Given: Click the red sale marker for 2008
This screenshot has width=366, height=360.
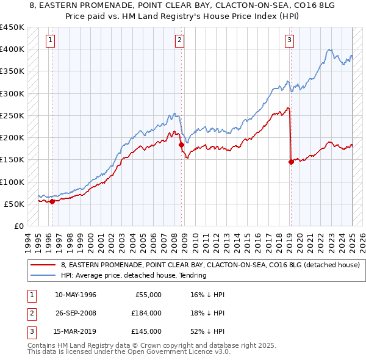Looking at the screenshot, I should pos(181,145).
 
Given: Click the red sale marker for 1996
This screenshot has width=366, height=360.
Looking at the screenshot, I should pos(52,201).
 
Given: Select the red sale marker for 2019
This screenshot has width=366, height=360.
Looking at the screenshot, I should pos(291,162).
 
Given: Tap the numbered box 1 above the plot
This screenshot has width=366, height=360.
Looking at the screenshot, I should pos(49,41).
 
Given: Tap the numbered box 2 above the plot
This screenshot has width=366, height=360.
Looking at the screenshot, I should pos(180,41).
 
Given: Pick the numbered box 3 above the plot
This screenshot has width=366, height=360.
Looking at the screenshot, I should pos(289,41).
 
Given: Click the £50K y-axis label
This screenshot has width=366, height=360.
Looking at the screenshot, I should pos(14,204).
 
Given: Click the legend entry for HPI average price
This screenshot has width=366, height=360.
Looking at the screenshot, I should pos(134,276).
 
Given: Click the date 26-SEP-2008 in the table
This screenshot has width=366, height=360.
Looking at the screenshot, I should pos(76,313).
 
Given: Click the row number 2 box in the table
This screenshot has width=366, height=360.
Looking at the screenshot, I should pos(30,313).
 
